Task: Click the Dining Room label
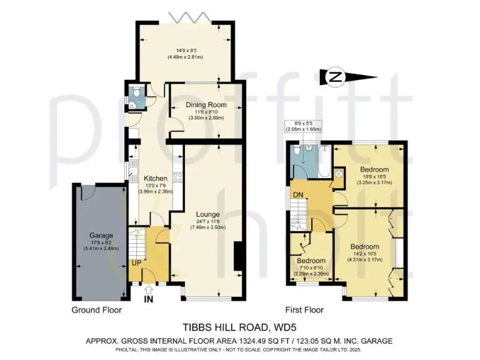pos(206,104)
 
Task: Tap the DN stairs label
pos(298,195)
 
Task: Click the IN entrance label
pos(148,300)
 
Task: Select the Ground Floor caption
pos(97,309)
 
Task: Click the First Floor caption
pos(304,309)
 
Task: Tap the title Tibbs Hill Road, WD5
pos(239,326)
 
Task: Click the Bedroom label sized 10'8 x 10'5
pos(374,170)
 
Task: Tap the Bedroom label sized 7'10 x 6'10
pos(311,260)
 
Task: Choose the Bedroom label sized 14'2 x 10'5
pos(364,247)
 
